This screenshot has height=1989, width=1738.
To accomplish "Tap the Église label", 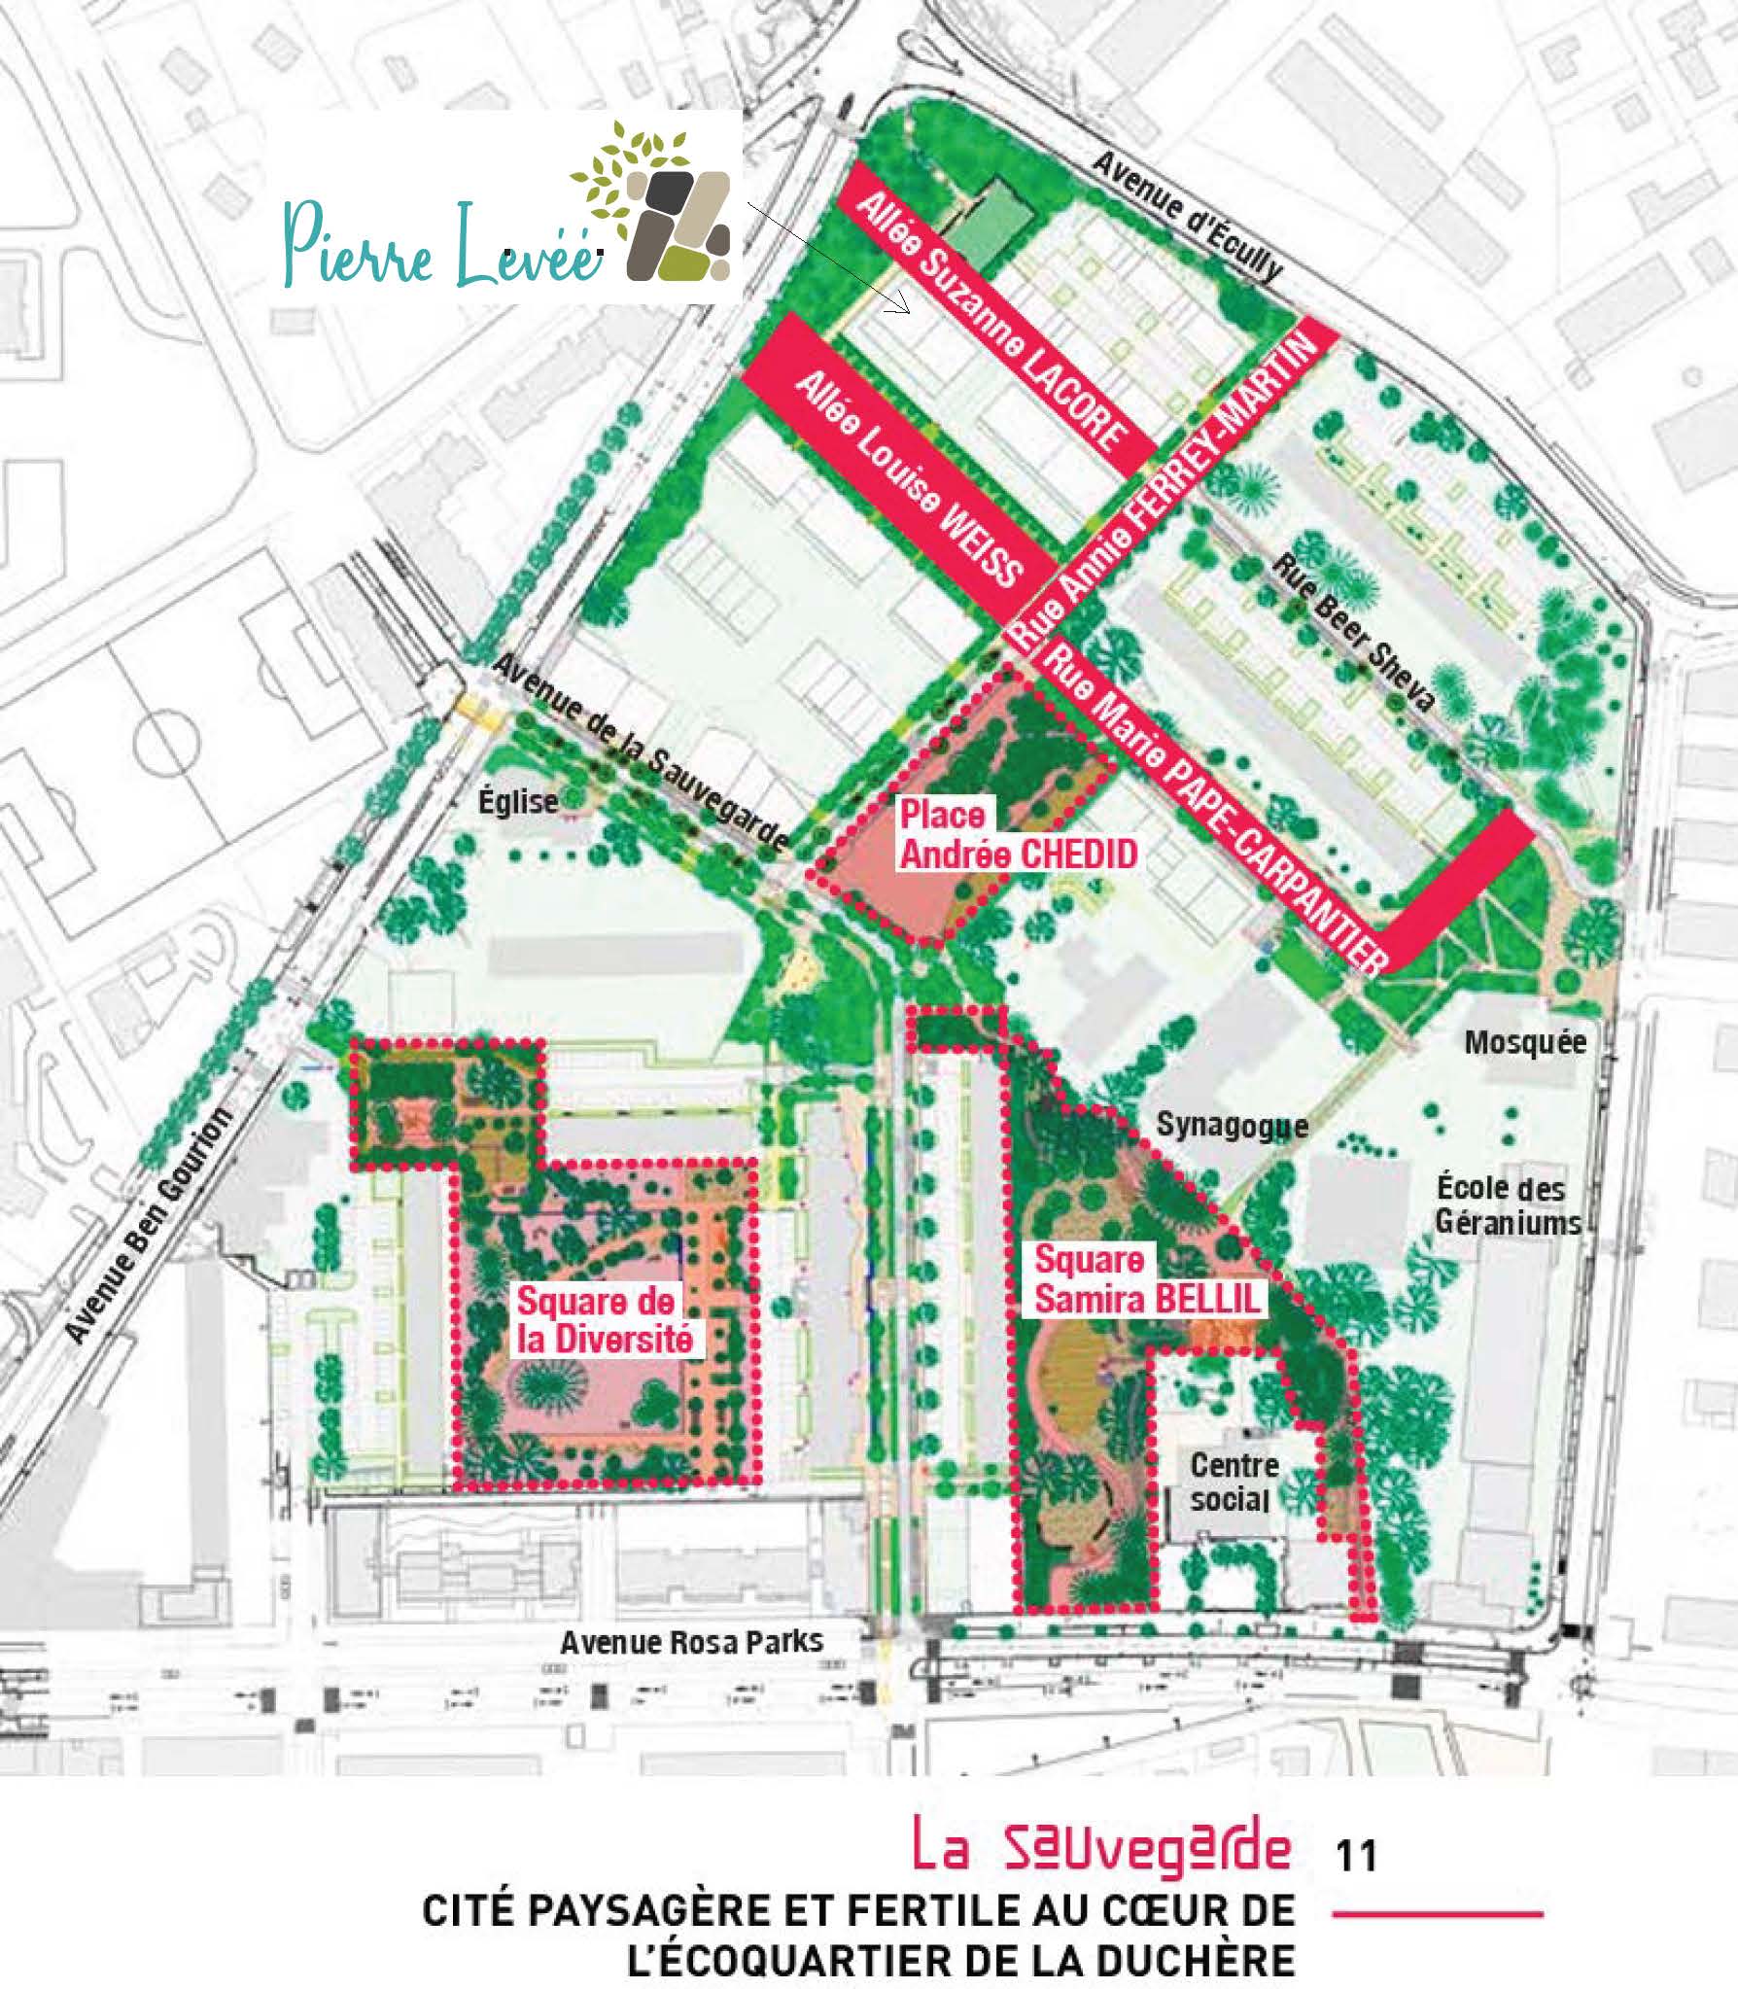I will pos(519,802).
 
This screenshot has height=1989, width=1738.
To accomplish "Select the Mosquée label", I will pos(1524,1043).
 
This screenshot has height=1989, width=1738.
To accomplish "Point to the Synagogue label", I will pos(1232,1126).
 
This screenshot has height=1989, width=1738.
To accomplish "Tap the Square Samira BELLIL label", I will pos(1147,1279).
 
